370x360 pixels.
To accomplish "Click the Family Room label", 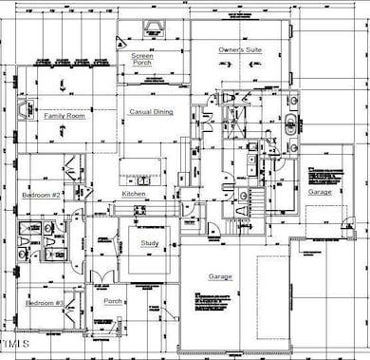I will [65, 115].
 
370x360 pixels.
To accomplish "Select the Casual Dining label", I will [151, 112].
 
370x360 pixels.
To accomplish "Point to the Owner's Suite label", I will [240, 48].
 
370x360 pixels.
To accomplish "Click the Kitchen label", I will [134, 194].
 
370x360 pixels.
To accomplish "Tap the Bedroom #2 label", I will [42, 195].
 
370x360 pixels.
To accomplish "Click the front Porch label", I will [113, 302].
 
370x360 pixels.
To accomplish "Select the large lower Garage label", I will [220, 276].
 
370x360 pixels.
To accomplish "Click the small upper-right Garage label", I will [320, 191].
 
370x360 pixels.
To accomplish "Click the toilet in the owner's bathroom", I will [231, 100].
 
